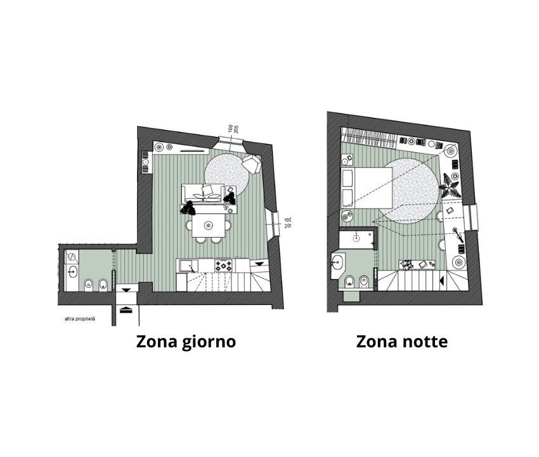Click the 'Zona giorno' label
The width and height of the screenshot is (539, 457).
(x=186, y=342)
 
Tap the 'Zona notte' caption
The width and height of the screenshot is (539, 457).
(x=402, y=342)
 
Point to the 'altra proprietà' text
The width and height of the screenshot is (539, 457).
(x=80, y=319)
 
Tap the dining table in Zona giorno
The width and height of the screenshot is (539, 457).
(x=208, y=224)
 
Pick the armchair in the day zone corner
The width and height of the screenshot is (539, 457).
(x=252, y=164)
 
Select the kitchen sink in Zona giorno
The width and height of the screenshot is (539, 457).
(x=185, y=266)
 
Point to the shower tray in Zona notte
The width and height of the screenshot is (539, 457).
(x=355, y=239)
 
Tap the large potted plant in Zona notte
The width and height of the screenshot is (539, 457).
(x=450, y=184)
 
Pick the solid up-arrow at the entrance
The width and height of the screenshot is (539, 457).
(x=126, y=309)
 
